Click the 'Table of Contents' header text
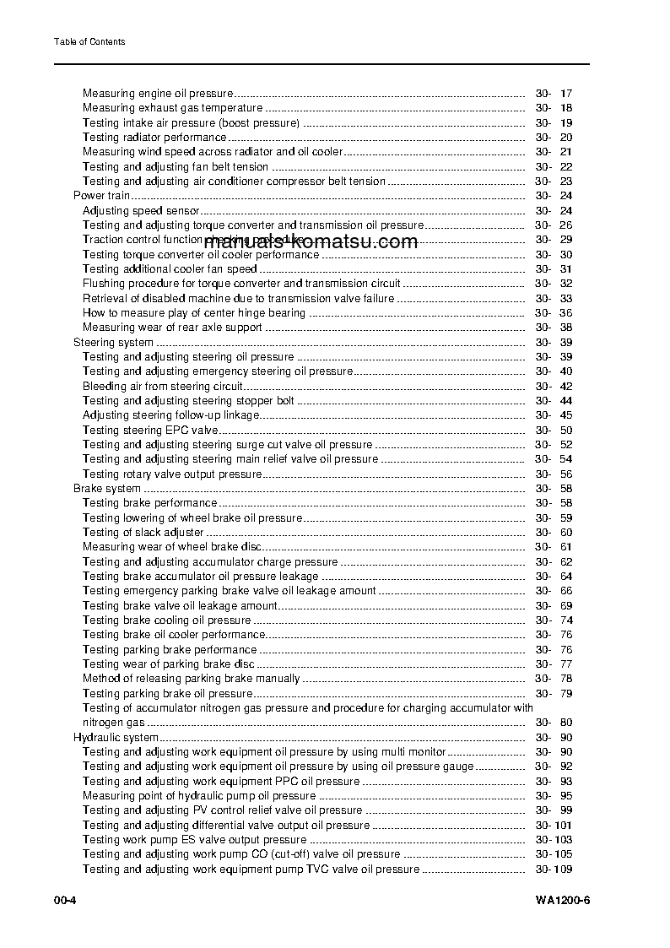[89, 42]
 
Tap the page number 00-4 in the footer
[66, 900]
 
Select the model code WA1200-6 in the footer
[562, 900]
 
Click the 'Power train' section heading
[101, 196]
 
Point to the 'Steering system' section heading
[113, 343]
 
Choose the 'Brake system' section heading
[107, 489]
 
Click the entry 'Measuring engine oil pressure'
[156, 94]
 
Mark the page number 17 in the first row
[565, 94]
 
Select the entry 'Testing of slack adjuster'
[143, 533]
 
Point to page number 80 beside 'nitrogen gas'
[565, 723]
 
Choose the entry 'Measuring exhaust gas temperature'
[172, 108]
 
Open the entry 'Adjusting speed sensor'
[141, 211]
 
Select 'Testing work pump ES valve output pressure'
[194, 840]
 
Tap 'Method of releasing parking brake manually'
[191, 679]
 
